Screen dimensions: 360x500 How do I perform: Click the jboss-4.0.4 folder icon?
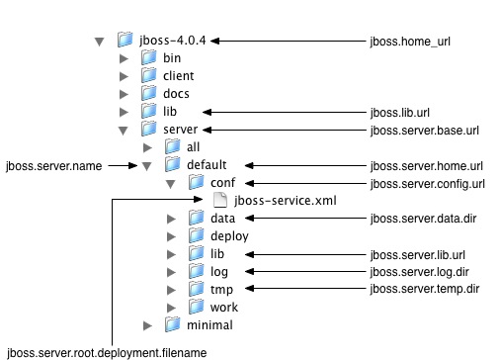(125, 41)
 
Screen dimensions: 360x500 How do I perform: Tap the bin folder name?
(172, 58)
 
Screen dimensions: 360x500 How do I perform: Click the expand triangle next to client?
(124, 76)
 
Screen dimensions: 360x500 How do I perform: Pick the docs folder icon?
(148, 94)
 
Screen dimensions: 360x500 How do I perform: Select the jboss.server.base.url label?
(424, 130)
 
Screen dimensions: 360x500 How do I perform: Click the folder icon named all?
(172, 147)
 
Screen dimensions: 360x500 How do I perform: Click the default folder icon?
(172, 165)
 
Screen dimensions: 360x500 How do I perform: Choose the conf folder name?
(222, 183)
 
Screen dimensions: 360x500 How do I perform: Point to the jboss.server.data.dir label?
(422, 219)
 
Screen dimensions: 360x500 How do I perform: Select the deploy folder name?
(228, 236)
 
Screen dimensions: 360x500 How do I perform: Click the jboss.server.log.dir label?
(419, 272)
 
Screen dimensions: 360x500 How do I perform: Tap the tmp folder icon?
(196, 290)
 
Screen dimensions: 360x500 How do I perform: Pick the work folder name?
(224, 308)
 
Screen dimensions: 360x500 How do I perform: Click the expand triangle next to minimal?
(147, 325)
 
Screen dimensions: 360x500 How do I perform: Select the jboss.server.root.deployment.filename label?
(108, 351)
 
